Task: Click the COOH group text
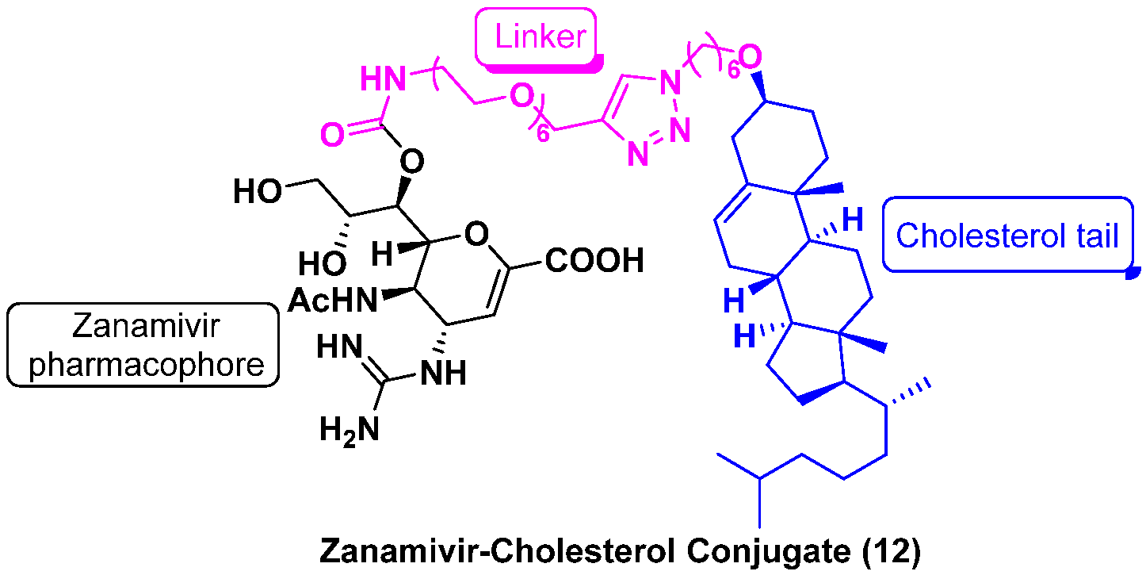tap(594, 262)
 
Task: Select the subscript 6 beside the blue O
tap(733, 72)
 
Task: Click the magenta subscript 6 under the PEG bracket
tap(544, 134)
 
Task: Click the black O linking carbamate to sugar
tap(409, 163)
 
